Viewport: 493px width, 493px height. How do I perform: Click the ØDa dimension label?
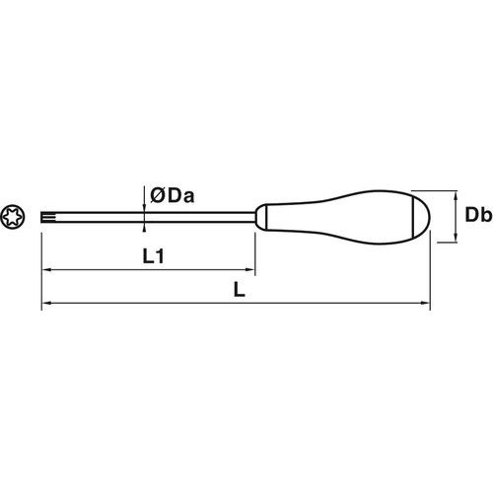point(173,196)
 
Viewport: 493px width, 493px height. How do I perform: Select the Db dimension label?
point(478,215)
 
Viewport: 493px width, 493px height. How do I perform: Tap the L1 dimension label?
point(153,256)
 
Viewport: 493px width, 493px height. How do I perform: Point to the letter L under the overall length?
point(240,290)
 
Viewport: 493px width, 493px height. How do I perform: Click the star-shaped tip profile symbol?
point(13,217)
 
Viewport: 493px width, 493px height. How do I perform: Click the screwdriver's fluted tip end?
point(46,217)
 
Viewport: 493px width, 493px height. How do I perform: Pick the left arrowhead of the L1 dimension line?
point(46,270)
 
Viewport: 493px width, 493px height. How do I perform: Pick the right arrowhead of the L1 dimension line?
point(250,270)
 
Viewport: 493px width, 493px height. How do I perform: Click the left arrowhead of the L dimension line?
point(46,303)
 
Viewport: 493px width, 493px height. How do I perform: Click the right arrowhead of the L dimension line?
point(425,303)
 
